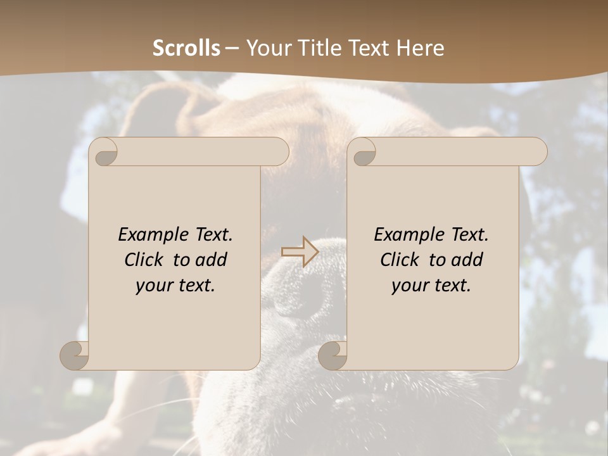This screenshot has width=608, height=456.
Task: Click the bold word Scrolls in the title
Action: [x=186, y=48]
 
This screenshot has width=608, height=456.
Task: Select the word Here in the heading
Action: [x=420, y=48]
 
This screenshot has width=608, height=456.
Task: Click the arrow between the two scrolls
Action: [x=300, y=251]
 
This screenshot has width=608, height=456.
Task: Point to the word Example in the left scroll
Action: [x=148, y=234]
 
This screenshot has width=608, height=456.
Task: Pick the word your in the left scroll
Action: [x=153, y=286]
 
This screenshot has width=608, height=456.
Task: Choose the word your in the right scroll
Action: [x=409, y=286]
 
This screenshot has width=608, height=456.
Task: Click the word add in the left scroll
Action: [x=212, y=260]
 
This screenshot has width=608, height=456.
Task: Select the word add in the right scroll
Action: [x=468, y=260]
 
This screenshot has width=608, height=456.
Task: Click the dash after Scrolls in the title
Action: [x=232, y=48]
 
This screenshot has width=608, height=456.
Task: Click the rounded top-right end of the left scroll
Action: [x=279, y=152]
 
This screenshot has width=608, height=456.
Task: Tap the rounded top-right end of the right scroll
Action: [x=537, y=152]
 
